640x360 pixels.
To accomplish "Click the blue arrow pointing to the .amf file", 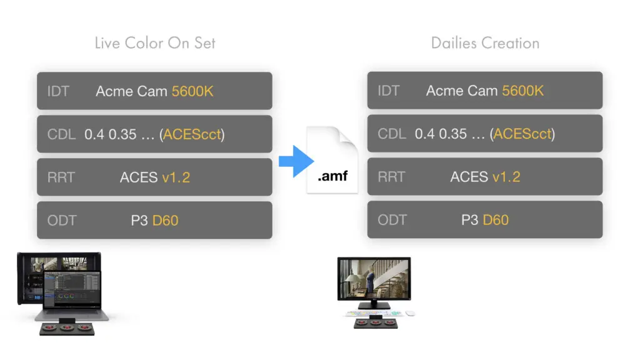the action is pyautogui.click(x=296, y=161).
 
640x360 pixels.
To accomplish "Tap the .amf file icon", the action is pyautogui.click(x=332, y=160).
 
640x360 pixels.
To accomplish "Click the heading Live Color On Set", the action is pyautogui.click(x=155, y=43).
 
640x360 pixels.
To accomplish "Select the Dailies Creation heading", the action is pyautogui.click(x=485, y=43).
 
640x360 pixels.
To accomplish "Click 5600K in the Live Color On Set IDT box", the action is pyautogui.click(x=192, y=91).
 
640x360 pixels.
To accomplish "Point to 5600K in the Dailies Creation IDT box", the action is pyautogui.click(x=522, y=91).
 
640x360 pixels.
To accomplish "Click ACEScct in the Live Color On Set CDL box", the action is pyautogui.click(x=192, y=134).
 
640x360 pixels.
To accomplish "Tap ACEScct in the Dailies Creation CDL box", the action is pyautogui.click(x=522, y=134).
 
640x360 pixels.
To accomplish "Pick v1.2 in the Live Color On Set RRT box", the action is pyautogui.click(x=176, y=177).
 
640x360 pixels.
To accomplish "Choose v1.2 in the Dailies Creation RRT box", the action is pyautogui.click(x=506, y=177).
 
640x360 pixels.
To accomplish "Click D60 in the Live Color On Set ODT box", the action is pyautogui.click(x=165, y=221).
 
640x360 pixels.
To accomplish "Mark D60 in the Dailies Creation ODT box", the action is pyautogui.click(x=496, y=220).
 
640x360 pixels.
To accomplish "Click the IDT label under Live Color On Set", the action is pyautogui.click(x=58, y=91).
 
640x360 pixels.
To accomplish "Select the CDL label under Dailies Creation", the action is pyautogui.click(x=392, y=134).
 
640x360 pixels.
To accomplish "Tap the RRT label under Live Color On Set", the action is pyautogui.click(x=61, y=177).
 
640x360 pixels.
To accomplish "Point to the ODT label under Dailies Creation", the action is pyautogui.click(x=392, y=220).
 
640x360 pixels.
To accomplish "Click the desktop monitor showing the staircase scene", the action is pyautogui.click(x=374, y=279).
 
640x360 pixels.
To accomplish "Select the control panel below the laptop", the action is pyautogui.click(x=67, y=328).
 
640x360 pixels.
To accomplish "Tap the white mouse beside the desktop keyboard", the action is pyautogui.click(x=410, y=314).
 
